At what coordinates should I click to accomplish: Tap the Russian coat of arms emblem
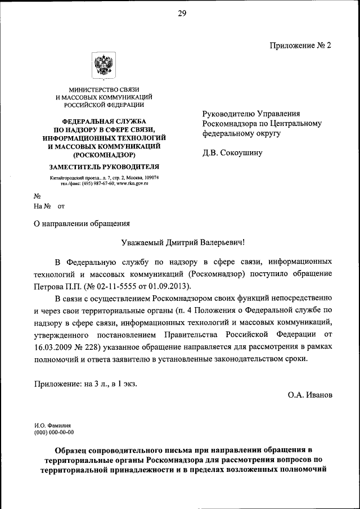103,66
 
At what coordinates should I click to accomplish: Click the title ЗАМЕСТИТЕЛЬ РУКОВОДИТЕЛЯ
104,166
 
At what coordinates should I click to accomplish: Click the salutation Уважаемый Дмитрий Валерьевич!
183,242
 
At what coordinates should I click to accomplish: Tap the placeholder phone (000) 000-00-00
54,433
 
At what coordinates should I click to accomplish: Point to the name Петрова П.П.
56,286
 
